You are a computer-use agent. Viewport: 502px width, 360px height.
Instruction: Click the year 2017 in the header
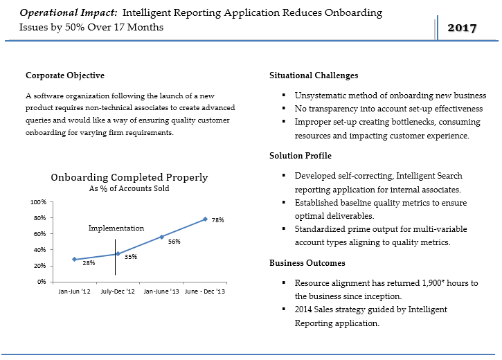tap(462, 28)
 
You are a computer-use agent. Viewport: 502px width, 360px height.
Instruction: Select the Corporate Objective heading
tap(65, 75)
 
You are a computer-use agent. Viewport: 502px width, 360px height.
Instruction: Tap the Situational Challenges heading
tap(314, 75)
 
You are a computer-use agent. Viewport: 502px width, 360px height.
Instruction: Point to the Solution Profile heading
tap(301, 156)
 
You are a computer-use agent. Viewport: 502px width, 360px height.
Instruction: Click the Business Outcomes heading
tap(307, 263)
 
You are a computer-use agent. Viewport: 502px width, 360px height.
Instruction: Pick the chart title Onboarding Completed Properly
tap(129, 177)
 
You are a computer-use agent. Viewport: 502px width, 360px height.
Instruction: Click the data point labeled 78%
tap(205, 219)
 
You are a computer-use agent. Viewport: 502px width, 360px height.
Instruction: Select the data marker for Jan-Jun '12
tap(74, 259)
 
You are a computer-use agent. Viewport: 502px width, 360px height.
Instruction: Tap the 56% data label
tap(174, 242)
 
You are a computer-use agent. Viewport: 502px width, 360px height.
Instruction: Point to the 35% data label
tap(131, 257)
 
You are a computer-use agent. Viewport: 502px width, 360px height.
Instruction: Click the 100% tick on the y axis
tap(38, 202)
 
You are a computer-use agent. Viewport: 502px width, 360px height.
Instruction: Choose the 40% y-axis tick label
tap(40, 250)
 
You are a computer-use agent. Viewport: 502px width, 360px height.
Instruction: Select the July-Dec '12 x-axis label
tap(118, 291)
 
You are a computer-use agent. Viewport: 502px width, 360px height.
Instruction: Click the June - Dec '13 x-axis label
tap(205, 291)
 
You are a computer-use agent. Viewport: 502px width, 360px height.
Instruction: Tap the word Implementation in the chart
tap(116, 228)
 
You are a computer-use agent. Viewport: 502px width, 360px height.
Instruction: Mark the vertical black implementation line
tap(115, 257)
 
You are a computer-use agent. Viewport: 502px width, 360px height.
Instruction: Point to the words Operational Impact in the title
tap(69, 12)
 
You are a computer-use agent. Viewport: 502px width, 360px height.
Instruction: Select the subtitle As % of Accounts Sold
tap(129, 188)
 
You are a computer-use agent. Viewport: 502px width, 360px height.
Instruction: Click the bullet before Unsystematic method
tap(284, 96)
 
